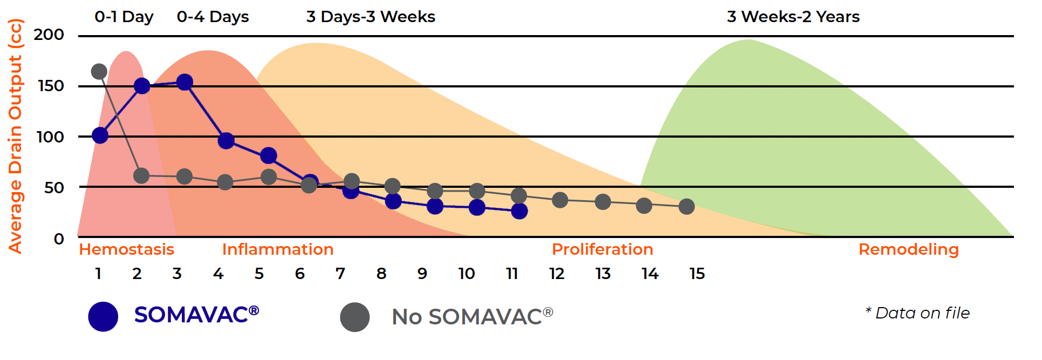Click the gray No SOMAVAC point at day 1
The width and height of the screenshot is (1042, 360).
click(99, 71)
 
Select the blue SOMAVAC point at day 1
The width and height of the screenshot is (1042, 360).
click(100, 135)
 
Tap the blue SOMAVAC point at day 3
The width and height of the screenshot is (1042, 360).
click(185, 82)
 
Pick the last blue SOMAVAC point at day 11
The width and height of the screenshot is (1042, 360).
click(519, 211)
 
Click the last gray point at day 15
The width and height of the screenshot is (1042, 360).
click(686, 206)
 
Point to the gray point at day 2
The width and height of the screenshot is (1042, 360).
click(141, 175)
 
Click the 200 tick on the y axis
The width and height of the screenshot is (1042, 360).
click(49, 35)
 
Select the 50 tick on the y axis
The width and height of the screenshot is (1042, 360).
click(54, 187)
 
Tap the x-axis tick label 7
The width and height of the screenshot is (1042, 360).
click(340, 274)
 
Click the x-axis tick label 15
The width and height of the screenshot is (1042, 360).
click(697, 274)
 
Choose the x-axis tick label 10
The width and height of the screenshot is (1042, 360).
click(466, 274)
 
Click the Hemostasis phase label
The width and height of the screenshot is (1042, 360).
click(126, 249)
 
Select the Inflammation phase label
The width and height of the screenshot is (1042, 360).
click(278, 249)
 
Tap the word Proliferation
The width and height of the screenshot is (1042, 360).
click(602, 249)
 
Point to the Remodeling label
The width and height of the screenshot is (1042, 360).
click(908, 249)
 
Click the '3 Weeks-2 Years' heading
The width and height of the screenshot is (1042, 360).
click(793, 17)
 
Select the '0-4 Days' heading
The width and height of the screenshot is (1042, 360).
click(213, 17)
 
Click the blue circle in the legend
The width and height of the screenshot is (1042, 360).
click(103, 316)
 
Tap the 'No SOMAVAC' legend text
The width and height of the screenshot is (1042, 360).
click(472, 317)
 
